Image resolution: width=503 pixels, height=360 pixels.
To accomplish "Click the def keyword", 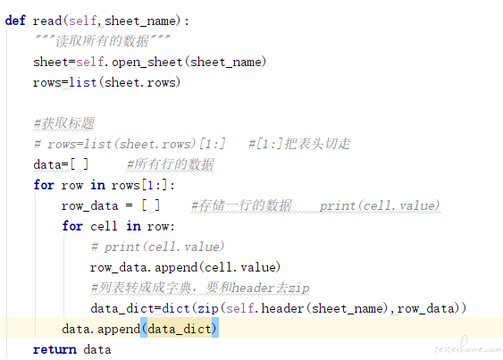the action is click(15, 21).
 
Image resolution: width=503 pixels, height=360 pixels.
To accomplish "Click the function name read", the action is click(46, 21).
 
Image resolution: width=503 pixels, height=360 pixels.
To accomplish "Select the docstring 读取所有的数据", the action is click(102, 41).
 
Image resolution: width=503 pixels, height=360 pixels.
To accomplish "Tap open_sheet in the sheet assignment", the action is click(147, 62).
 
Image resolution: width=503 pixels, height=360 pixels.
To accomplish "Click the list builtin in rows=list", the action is click(83, 82).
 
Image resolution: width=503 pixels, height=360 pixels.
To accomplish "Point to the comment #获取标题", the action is click(63, 123).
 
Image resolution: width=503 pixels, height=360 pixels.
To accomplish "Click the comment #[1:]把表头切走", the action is click(299, 144).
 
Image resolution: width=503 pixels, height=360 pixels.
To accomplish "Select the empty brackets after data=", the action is click(79, 164).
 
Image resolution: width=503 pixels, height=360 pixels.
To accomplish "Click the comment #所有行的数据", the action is click(171, 164).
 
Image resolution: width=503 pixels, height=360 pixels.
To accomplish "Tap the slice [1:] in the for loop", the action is click(155, 185).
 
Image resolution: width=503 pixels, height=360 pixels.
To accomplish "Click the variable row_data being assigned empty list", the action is click(90, 205).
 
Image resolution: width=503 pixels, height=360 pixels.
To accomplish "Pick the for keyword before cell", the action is click(72, 226).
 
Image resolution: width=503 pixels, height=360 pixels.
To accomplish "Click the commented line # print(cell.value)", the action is click(157, 247).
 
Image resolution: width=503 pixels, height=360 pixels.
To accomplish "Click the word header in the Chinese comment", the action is click(253, 288).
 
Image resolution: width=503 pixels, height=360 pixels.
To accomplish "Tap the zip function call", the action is click(208, 308).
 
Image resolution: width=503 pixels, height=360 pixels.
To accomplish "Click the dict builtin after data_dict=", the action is click(176, 308).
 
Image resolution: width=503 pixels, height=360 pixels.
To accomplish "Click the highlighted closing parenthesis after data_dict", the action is click(215, 328).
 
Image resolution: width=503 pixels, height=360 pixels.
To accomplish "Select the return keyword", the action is click(54, 349).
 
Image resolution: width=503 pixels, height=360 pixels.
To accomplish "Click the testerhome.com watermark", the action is click(468, 347).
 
